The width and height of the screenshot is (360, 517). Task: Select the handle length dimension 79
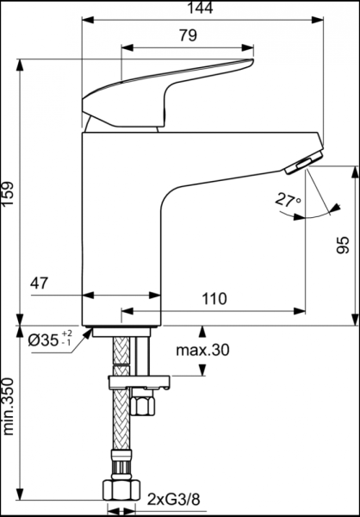[188, 36]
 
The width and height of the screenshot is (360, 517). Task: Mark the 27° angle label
[288, 200]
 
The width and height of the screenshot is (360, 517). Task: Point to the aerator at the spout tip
[305, 160]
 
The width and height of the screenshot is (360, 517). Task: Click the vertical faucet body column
[121, 233]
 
